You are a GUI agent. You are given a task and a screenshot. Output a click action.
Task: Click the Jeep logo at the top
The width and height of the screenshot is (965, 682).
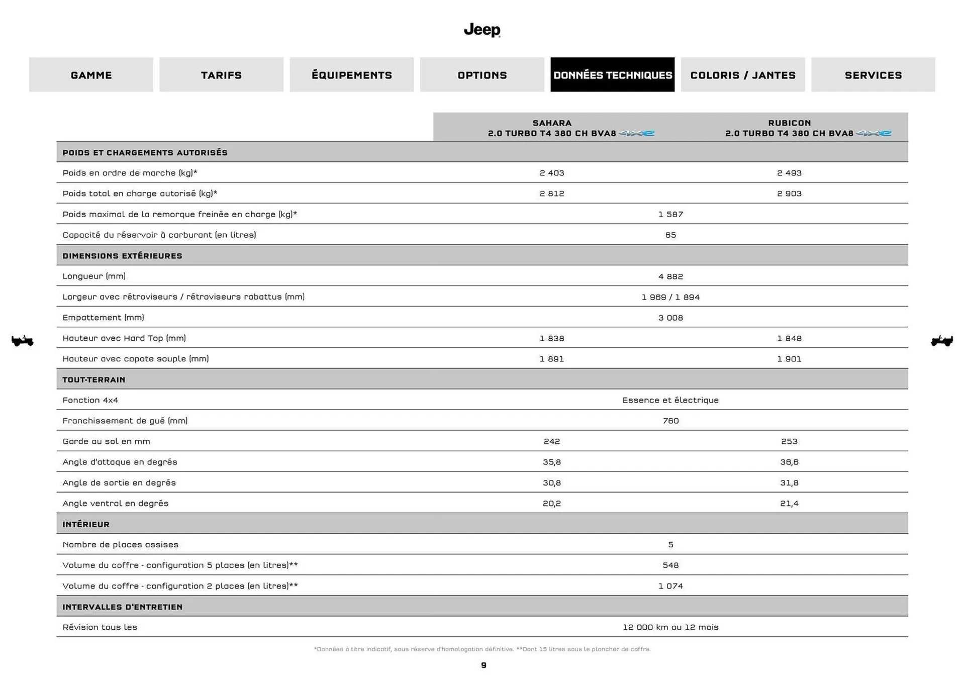tap(482, 30)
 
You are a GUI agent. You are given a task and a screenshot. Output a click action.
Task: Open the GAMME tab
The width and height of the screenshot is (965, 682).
tap(91, 75)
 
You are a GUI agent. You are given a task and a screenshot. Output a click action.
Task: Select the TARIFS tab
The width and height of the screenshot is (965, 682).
tap(221, 75)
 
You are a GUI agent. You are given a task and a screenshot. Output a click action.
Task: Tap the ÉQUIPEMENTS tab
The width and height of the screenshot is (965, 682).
tap(351, 75)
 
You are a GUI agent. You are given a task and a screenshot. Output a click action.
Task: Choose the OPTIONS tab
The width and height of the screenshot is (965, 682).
tap(482, 75)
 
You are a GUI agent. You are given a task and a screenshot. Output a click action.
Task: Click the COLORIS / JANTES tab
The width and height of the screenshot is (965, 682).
tap(742, 75)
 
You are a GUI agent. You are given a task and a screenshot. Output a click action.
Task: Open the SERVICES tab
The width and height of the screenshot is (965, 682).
tap(873, 75)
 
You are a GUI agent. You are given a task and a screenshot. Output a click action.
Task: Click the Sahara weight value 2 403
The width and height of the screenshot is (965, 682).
tap(552, 173)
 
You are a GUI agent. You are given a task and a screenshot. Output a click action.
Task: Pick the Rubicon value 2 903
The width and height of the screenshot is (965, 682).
tap(789, 193)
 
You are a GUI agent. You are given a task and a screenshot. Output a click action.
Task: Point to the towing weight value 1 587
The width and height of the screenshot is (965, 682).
tap(670, 214)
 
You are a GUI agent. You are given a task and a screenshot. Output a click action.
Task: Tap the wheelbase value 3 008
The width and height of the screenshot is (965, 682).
tap(670, 318)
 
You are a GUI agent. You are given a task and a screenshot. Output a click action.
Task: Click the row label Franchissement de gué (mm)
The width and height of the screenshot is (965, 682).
tap(125, 421)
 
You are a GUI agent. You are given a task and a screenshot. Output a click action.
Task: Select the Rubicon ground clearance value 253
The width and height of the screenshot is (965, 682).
tap(789, 441)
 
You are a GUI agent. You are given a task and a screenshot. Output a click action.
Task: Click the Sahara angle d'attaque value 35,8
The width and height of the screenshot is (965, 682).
tap(552, 462)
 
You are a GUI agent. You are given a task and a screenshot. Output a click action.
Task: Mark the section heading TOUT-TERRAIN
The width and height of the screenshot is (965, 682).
tap(94, 379)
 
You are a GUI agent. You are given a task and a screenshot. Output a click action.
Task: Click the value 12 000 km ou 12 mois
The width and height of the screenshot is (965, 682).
tap(670, 627)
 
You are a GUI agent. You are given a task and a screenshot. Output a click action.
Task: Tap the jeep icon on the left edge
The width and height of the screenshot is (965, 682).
tap(23, 341)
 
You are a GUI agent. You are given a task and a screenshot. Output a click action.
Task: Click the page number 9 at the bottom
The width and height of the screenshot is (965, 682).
tap(484, 665)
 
